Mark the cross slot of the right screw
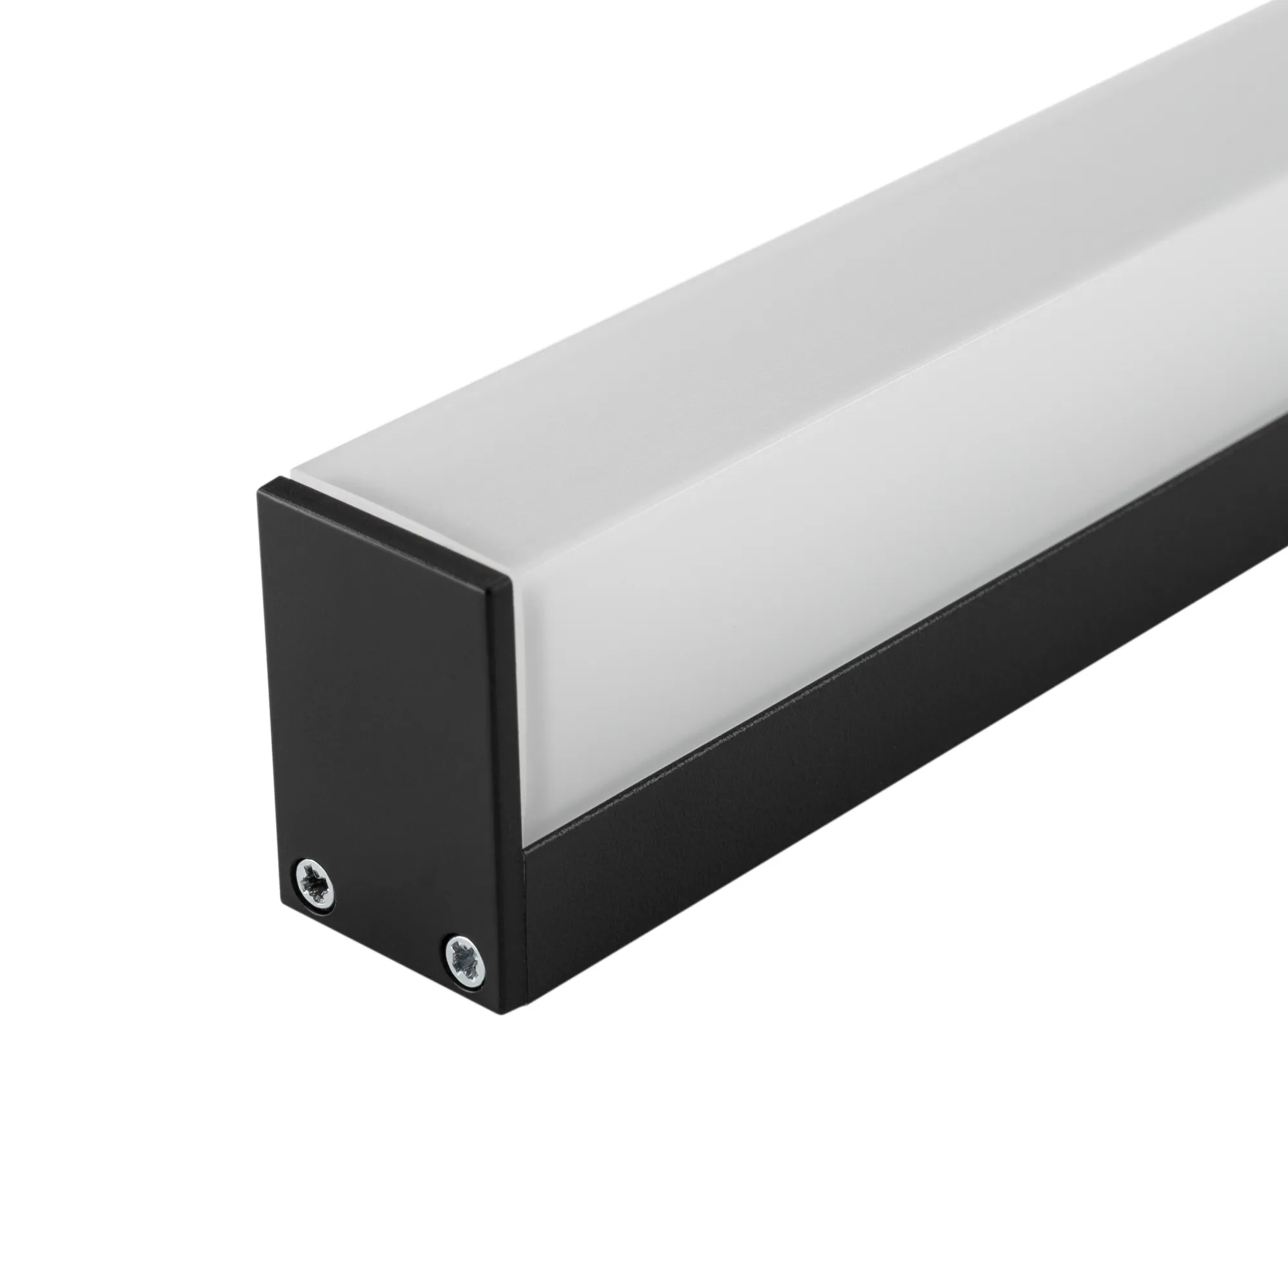(465, 960)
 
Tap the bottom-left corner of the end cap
(283, 910)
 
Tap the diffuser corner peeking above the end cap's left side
(293, 477)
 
